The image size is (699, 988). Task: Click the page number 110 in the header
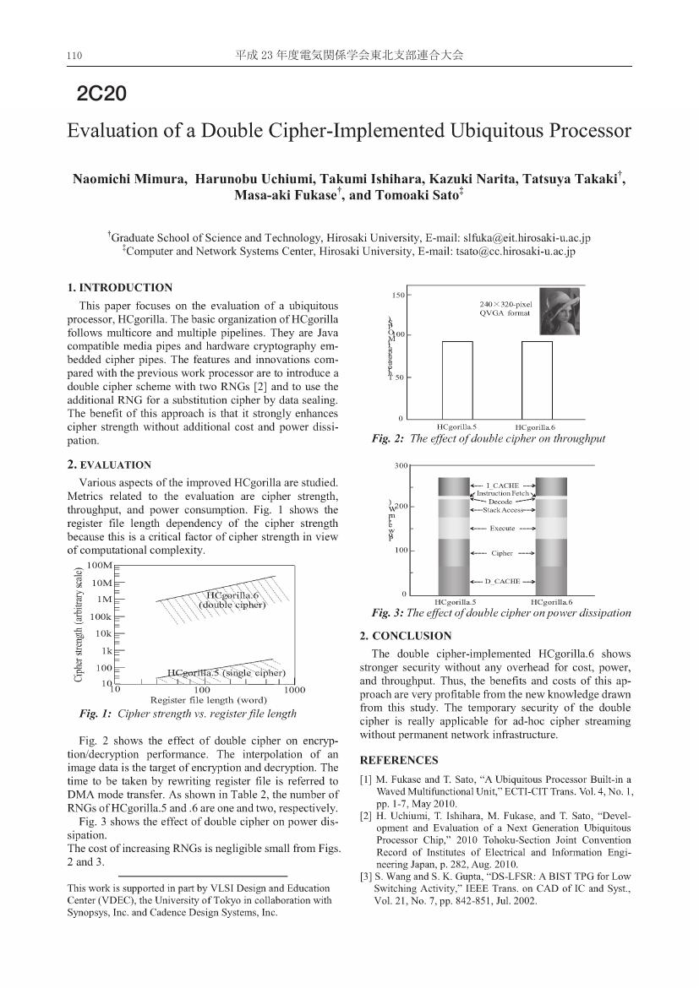(x=74, y=56)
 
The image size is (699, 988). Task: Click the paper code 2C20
(x=101, y=94)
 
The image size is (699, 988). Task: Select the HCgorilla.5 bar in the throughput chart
(x=457, y=379)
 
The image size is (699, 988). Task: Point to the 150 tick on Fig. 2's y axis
(x=396, y=295)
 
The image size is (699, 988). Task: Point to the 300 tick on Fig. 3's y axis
(x=401, y=465)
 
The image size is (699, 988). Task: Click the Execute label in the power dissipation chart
(x=502, y=529)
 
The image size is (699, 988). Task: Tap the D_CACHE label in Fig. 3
(x=502, y=582)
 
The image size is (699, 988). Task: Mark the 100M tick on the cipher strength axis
(x=100, y=565)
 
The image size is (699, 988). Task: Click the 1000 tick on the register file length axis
(x=295, y=690)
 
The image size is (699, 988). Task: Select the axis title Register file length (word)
(x=208, y=700)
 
